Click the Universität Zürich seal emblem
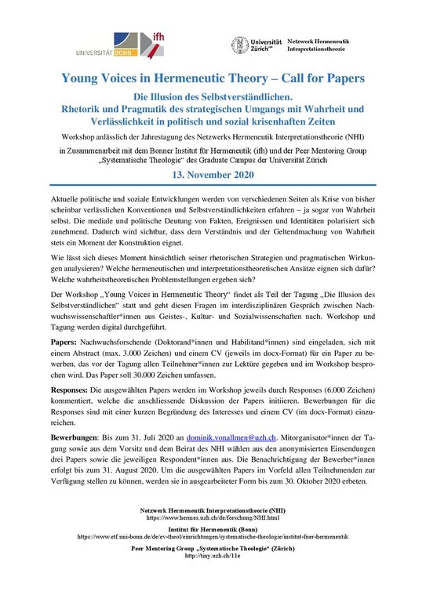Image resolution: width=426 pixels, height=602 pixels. [x=240, y=45]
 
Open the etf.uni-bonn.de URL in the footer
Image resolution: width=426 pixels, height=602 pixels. [x=213, y=538]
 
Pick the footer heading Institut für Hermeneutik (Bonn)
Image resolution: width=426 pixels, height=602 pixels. [x=213, y=531]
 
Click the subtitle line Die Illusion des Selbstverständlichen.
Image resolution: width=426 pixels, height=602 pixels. [x=213, y=96]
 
